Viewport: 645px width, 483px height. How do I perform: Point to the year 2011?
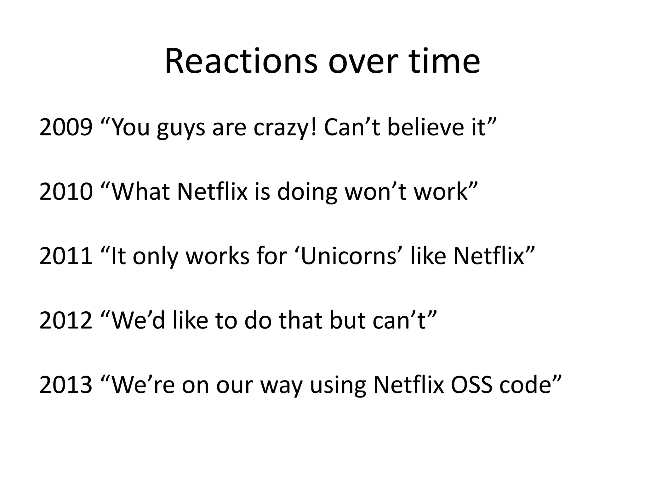coord(66,256)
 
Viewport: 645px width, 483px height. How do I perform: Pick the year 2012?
coord(66,320)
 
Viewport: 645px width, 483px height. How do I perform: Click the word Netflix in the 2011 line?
coord(488,256)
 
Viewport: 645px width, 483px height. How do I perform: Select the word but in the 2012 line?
coord(348,320)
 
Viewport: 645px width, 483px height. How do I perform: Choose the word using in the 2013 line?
coord(338,386)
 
